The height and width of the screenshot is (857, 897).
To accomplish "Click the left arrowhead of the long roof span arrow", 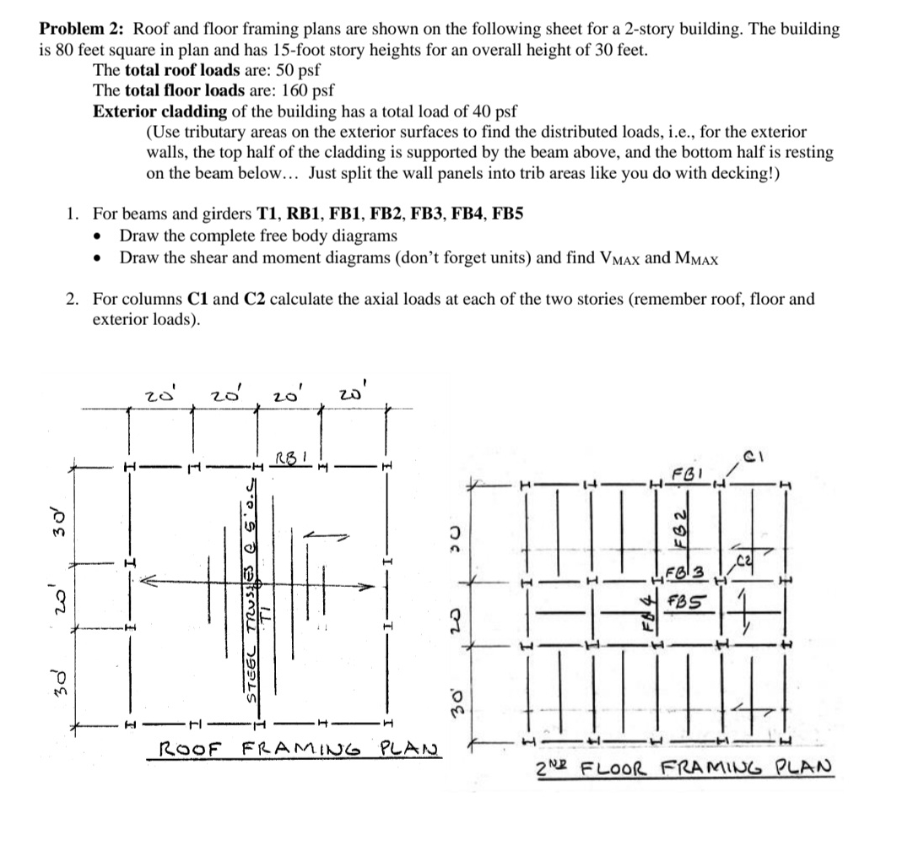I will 146,582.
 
